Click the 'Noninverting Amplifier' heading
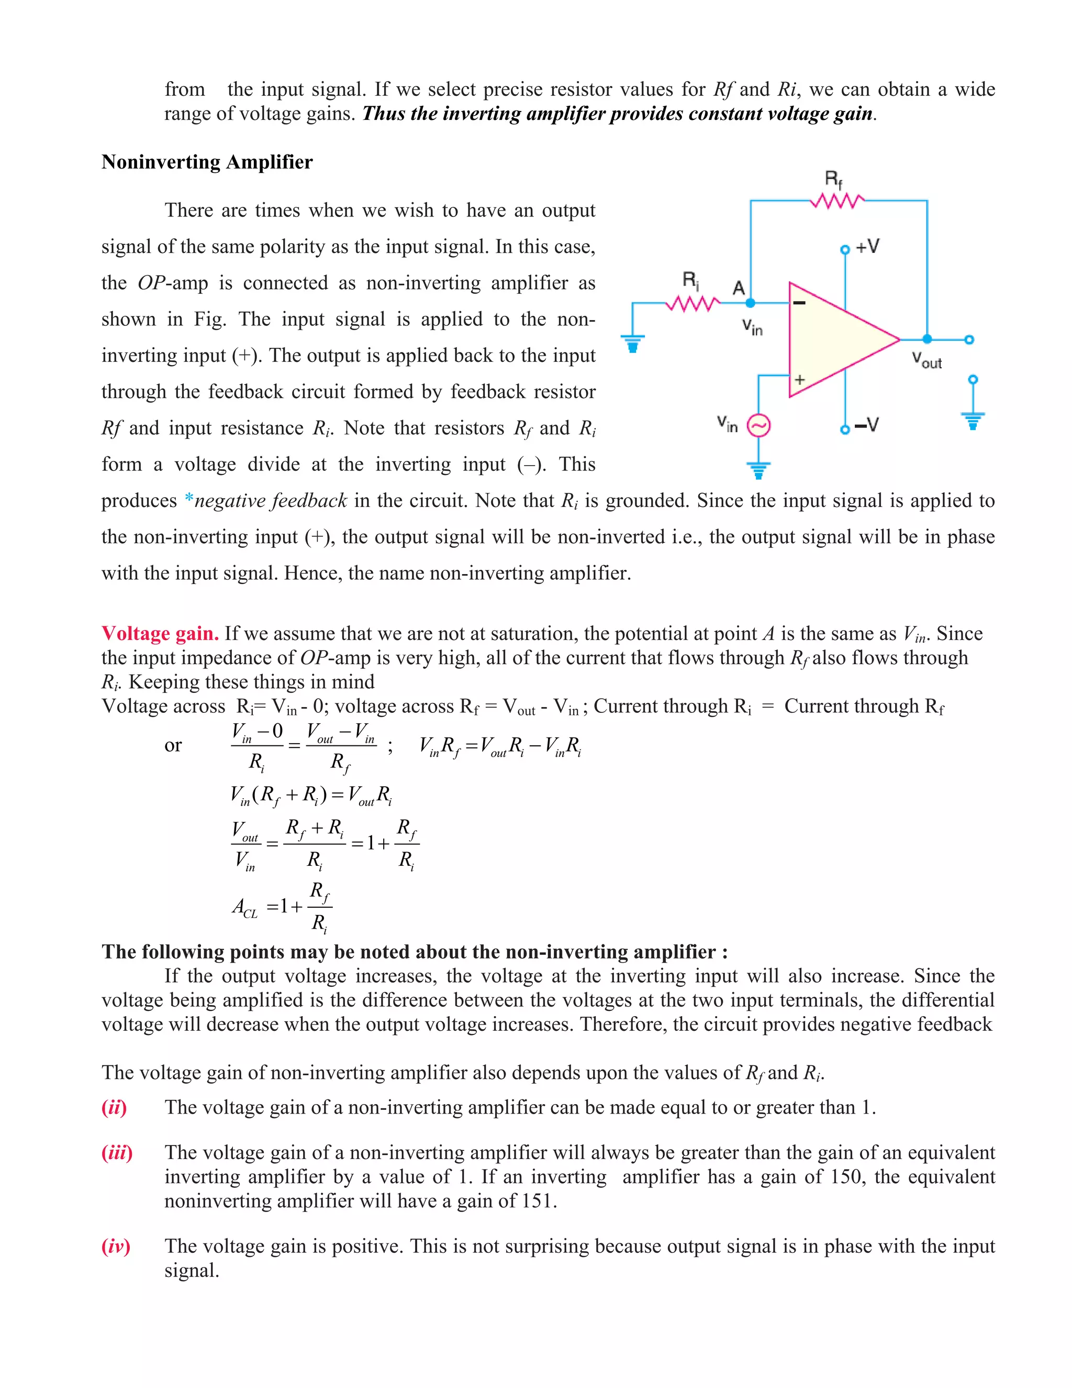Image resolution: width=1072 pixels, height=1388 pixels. pyautogui.click(x=207, y=162)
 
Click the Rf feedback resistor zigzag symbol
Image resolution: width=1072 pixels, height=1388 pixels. pyautogui.click(x=836, y=202)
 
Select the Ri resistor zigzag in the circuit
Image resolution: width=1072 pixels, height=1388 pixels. pyautogui.click(x=691, y=304)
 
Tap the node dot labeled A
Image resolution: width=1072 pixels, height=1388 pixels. pyautogui.click(x=750, y=304)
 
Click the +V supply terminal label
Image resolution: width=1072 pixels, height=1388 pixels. pyautogui.click(x=867, y=247)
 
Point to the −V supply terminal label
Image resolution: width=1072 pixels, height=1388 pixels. pyautogui.click(x=866, y=425)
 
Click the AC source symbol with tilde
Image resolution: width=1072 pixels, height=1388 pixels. pyautogui.click(x=758, y=426)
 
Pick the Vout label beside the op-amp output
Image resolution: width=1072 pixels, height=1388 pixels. pyautogui.click(x=926, y=360)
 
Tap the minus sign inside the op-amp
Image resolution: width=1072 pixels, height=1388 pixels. pyautogui.click(x=800, y=303)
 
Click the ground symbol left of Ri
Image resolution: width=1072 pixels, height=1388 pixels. pyautogui.click(x=632, y=344)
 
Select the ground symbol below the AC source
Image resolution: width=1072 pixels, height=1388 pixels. pyautogui.click(x=758, y=470)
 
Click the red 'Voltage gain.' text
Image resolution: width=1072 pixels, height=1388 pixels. pyautogui.click(x=160, y=634)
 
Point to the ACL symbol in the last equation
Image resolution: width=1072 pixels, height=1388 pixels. pyautogui.click(x=244, y=907)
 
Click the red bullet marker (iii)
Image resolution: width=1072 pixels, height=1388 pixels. pyautogui.click(x=117, y=1153)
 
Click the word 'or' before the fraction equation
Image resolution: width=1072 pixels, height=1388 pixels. pyautogui.click(x=173, y=745)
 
